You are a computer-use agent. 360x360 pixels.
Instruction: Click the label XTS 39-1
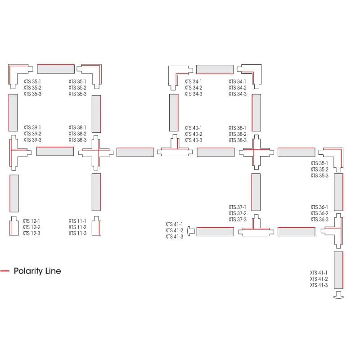coord(32,128)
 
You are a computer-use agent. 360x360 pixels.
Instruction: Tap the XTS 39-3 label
coord(32,140)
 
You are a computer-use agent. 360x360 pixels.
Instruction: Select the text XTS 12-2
coord(31,227)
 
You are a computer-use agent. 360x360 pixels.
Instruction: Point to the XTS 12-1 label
coord(31,221)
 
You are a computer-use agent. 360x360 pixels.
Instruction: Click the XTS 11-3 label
coord(77,233)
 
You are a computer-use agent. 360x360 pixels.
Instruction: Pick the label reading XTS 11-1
coord(77,221)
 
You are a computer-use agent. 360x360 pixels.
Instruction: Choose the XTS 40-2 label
coord(193,134)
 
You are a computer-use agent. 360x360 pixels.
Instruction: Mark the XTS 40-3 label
coord(193,140)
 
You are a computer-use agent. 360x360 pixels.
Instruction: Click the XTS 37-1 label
coord(238,207)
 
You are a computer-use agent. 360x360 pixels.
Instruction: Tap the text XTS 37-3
coord(238,219)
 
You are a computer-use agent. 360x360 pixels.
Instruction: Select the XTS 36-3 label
coord(319,219)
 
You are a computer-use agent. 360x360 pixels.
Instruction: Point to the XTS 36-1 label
coord(319,207)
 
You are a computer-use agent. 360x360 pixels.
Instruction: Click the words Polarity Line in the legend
coord(37,271)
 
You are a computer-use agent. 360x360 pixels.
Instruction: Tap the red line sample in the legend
coord(5,271)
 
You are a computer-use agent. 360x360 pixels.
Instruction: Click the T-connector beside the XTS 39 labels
coord(17,153)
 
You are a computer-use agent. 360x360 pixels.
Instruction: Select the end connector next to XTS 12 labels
coord(13,226)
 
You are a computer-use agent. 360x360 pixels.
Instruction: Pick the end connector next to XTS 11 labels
coord(96,226)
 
